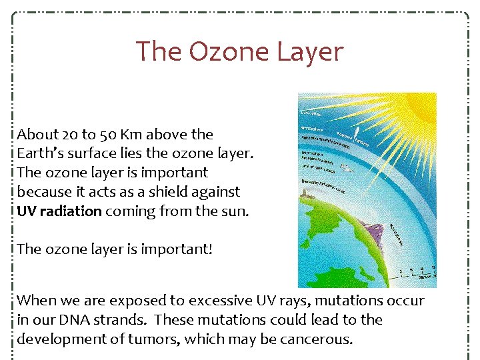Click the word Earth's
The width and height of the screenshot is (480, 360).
tap(40, 153)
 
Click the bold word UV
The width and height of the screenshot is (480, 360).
tap(27, 211)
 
